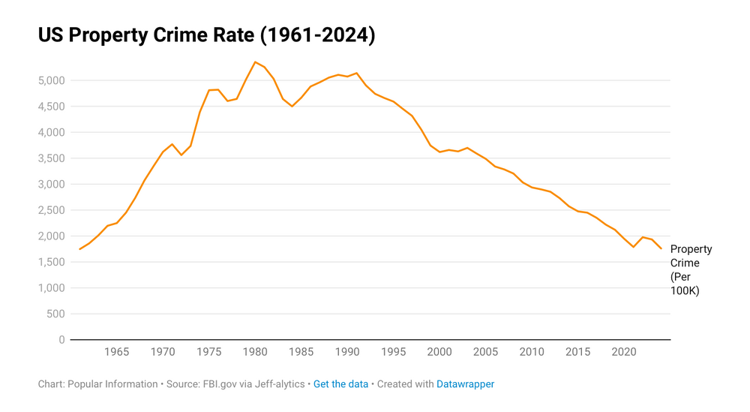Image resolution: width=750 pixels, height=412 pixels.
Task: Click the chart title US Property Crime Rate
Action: pyautogui.click(x=206, y=35)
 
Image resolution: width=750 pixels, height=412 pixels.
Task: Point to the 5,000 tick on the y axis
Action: pyautogui.click(x=51, y=80)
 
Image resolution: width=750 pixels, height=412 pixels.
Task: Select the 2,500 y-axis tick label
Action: pyautogui.click(x=51, y=210)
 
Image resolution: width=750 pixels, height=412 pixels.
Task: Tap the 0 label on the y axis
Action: pyautogui.click(x=62, y=340)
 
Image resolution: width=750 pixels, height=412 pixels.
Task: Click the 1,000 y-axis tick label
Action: pyautogui.click(x=51, y=288)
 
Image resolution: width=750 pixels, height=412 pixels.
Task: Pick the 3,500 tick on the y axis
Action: pyautogui.click(x=51, y=158)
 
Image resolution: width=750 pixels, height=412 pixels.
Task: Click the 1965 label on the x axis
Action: pyautogui.click(x=117, y=352)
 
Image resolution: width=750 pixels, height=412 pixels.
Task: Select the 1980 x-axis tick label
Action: pyautogui.click(x=256, y=352)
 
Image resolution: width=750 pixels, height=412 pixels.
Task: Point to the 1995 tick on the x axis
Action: pyautogui.click(x=394, y=352)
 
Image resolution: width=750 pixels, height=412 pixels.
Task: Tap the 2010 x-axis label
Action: pyautogui.click(x=532, y=352)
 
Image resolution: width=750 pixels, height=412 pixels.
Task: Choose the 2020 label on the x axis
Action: pyautogui.click(x=625, y=352)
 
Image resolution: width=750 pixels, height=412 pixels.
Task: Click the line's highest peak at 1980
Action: pyautogui.click(x=255, y=62)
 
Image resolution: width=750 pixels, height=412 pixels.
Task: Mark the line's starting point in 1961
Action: pyautogui.click(x=79, y=249)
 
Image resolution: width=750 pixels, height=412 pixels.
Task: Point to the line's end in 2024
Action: pyautogui.click(x=661, y=248)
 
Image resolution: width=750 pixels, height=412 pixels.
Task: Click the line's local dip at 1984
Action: pyautogui.click(x=292, y=107)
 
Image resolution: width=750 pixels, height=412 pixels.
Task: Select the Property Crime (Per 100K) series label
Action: pyautogui.click(x=691, y=270)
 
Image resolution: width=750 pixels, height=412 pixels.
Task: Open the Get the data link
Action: pyautogui.click(x=340, y=384)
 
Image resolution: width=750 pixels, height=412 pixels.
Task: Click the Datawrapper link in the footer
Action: pyautogui.click(x=465, y=384)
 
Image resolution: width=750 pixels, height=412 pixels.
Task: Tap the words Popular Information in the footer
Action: pyautogui.click(x=112, y=384)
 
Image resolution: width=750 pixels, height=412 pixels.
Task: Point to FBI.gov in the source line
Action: pyautogui.click(x=220, y=384)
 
